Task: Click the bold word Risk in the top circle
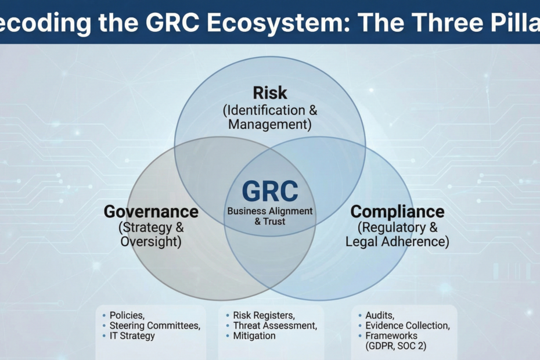(x=270, y=93)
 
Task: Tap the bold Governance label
(x=151, y=211)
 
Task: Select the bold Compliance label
(x=397, y=212)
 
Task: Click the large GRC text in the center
(x=270, y=191)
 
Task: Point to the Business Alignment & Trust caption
(x=270, y=216)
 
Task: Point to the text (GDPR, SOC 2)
(x=395, y=346)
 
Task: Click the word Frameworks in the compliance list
(x=391, y=336)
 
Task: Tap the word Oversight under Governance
(x=151, y=242)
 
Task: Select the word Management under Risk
(x=270, y=124)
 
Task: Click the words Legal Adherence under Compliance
(x=397, y=242)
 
